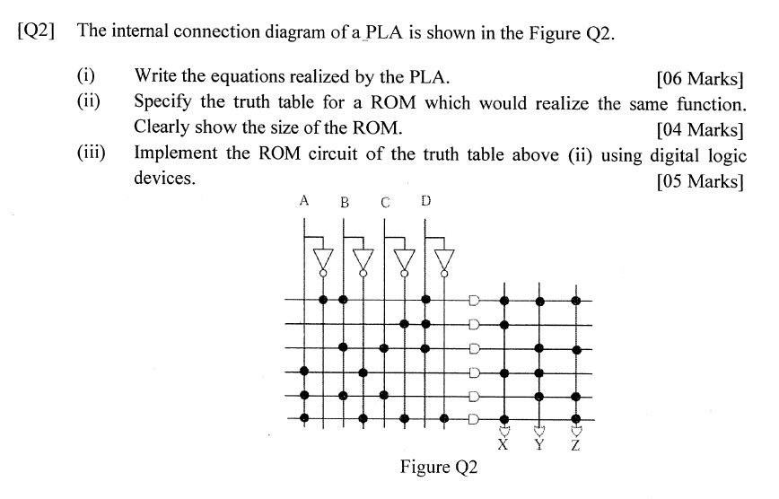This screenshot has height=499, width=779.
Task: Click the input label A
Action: [x=305, y=200]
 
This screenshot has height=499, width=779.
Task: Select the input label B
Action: [x=344, y=202]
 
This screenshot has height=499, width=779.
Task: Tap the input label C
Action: [x=384, y=202]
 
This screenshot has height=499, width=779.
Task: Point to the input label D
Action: [x=425, y=200]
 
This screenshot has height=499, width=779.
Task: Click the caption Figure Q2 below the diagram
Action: [x=440, y=467]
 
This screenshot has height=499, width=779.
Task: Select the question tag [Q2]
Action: [x=37, y=31]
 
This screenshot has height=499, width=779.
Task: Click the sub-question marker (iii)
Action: [x=91, y=153]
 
